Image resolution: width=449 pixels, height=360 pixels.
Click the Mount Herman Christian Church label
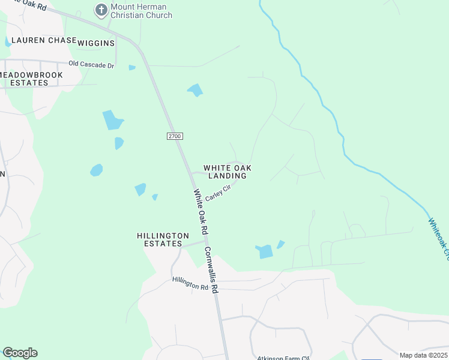coord(140,11)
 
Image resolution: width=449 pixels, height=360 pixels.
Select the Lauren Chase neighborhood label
coord(38,40)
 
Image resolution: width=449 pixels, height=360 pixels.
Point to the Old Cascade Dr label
coord(91,64)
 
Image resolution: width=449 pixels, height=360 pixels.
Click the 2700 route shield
coord(174,136)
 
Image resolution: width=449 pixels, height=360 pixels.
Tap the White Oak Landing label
coord(227,172)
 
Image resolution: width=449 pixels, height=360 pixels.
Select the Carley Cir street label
coord(218,193)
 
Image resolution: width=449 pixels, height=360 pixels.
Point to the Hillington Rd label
coord(190,283)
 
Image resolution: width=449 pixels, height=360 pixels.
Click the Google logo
coord(20,353)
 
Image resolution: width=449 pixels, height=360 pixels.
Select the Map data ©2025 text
coord(423,355)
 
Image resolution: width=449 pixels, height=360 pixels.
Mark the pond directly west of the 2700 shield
coord(119,143)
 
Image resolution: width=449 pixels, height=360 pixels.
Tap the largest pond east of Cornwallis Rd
coord(265,252)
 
